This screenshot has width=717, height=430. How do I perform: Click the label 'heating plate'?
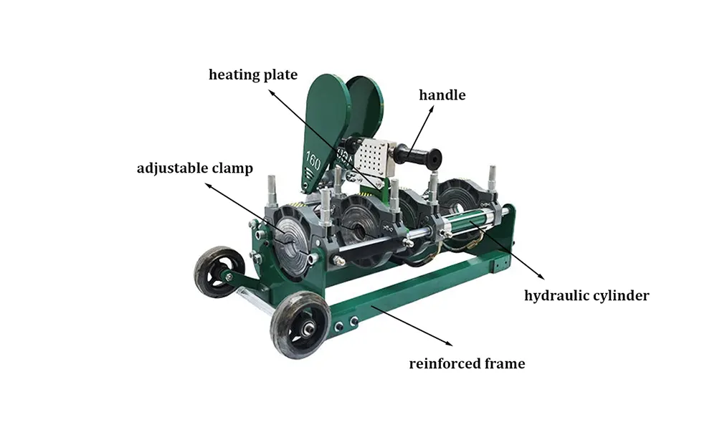[253, 75]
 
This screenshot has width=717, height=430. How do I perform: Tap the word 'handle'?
[442, 95]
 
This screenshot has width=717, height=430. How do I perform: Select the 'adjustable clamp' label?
[195, 168]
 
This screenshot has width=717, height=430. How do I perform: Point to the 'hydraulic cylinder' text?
[587, 296]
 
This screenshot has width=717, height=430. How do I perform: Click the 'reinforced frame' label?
[467, 364]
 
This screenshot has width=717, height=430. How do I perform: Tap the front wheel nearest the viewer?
[300, 325]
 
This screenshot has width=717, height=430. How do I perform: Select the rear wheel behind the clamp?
[219, 272]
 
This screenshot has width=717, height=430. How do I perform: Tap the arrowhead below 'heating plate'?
[272, 92]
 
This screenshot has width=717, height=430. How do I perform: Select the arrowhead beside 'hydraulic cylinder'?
[541, 277]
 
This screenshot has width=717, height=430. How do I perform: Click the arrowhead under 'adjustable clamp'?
[208, 186]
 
